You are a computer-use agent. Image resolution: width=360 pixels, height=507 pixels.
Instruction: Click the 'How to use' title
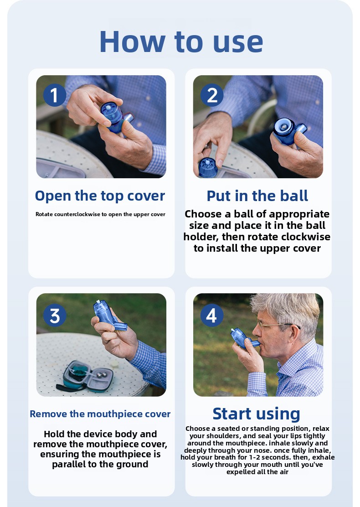pyautogui.click(x=181, y=41)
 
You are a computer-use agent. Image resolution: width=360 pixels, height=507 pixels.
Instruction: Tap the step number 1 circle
pyautogui.click(x=54, y=95)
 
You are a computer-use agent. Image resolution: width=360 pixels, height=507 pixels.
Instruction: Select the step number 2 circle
pyautogui.click(x=211, y=95)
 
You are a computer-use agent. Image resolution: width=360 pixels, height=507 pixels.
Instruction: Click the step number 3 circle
pyautogui.click(x=55, y=315)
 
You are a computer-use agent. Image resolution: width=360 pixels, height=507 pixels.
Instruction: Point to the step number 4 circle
pyautogui.click(x=211, y=315)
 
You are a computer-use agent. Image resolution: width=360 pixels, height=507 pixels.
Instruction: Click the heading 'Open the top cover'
pyautogui.click(x=100, y=196)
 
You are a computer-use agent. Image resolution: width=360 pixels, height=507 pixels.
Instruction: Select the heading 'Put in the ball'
pyautogui.click(x=257, y=196)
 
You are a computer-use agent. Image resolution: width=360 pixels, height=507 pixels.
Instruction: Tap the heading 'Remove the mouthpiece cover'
pyautogui.click(x=100, y=414)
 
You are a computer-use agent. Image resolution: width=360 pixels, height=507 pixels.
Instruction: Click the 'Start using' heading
pyautogui.click(x=257, y=414)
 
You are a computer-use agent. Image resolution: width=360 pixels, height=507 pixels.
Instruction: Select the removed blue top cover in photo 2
pyautogui.click(x=208, y=167)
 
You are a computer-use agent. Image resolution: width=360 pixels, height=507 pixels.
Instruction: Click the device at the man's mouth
pyautogui.click(x=243, y=338)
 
